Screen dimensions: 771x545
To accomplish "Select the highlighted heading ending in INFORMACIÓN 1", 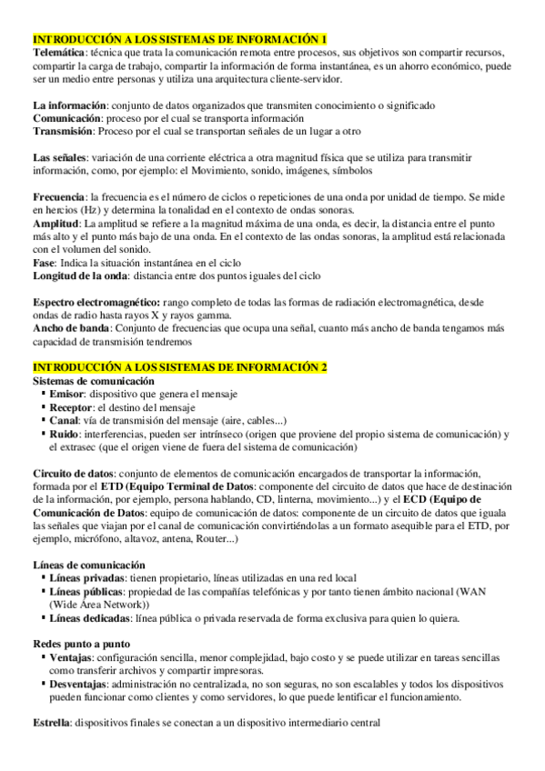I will pos(179,41).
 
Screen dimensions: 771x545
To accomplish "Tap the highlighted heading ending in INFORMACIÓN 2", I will pos(179,367).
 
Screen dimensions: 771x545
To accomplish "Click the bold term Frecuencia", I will pos(59,197).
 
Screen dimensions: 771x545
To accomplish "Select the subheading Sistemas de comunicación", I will pos(93,381).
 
